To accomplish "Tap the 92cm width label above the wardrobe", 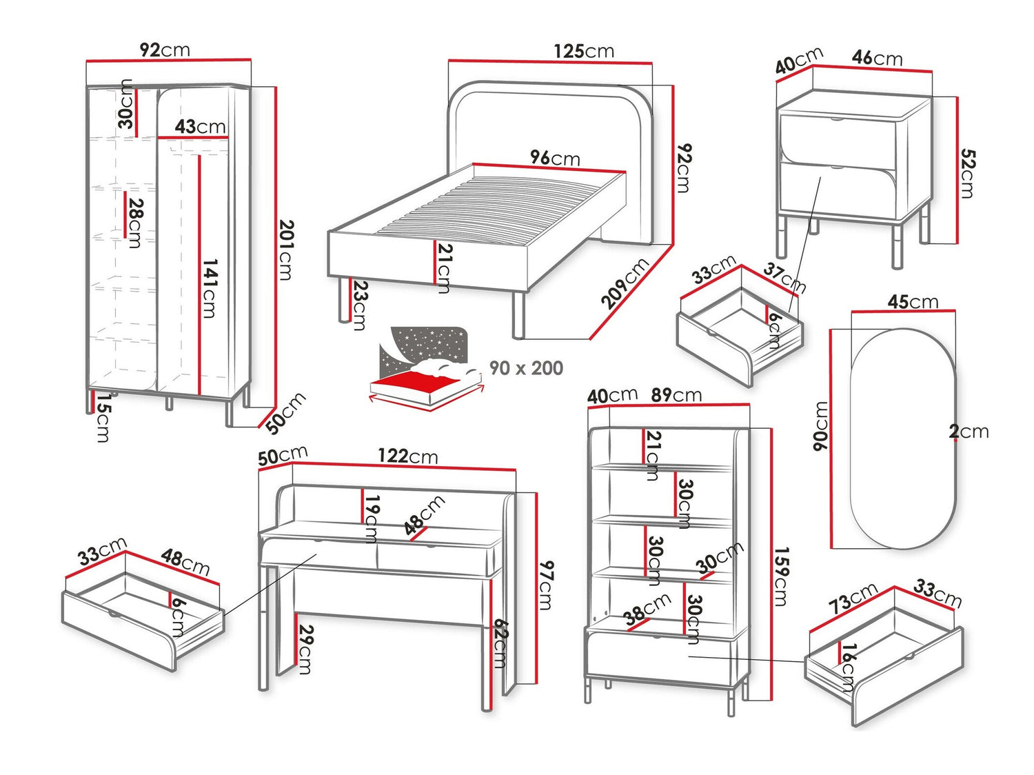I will click(x=165, y=50).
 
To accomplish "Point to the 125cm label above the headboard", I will click(x=583, y=51).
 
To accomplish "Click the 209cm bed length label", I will click(x=625, y=283).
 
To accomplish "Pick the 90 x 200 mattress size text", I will click(x=526, y=368).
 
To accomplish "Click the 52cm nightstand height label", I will click(x=967, y=174).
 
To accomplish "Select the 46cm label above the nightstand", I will click(x=877, y=58).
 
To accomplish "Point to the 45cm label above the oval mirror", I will click(x=913, y=302).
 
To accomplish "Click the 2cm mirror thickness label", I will click(x=969, y=432).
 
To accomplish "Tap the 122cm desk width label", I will click(x=407, y=456).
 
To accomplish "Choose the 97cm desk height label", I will click(x=546, y=585).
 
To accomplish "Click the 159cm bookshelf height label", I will click(x=781, y=576).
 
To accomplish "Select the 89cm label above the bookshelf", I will click(x=676, y=395).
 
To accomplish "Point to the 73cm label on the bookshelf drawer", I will click(x=853, y=597).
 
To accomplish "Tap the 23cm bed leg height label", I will click(x=359, y=305).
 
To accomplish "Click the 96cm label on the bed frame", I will click(x=555, y=158).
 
